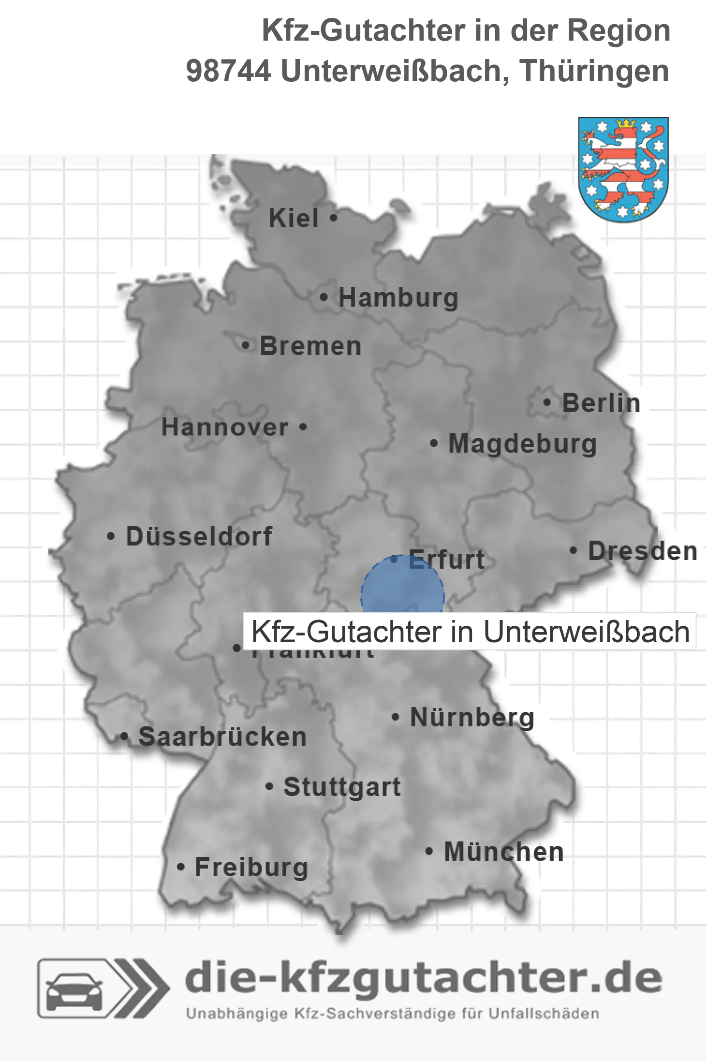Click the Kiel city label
pyautogui.click(x=294, y=218)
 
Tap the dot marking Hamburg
pyautogui.click(x=324, y=297)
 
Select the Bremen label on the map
pyautogui.click(x=310, y=346)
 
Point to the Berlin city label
pyautogui.click(x=601, y=403)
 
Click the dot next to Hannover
pyautogui.click(x=303, y=427)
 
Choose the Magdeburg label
pyautogui.click(x=522, y=444)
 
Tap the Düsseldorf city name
pyautogui.click(x=199, y=536)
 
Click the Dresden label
pyautogui.click(x=643, y=551)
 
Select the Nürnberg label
pyautogui.click(x=472, y=717)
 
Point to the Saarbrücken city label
pyautogui.click(x=222, y=737)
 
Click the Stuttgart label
pyautogui.click(x=342, y=787)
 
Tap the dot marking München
pyautogui.click(x=429, y=852)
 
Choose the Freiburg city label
pyautogui.click(x=251, y=867)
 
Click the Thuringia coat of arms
pyautogui.click(x=623, y=169)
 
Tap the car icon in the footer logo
pyautogui.click(x=74, y=989)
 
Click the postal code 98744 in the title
pyautogui.click(x=228, y=71)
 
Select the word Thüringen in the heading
pyautogui.click(x=594, y=71)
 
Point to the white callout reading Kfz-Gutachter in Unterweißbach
pyautogui.click(x=470, y=632)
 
